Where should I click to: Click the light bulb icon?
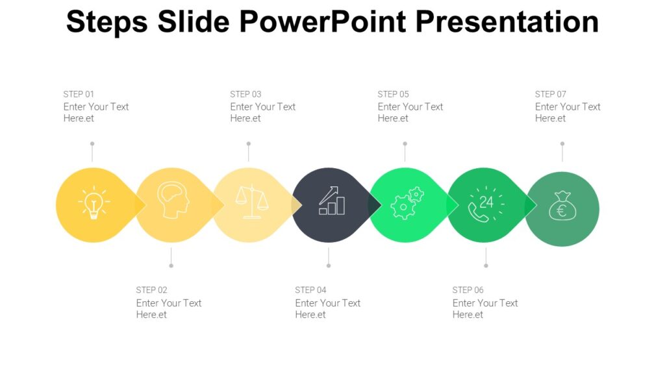94,203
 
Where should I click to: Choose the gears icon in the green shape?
407,203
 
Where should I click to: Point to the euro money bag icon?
561,206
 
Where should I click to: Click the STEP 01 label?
79,94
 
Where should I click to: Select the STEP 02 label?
151,290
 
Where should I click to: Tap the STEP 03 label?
245,94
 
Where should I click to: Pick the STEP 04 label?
310,290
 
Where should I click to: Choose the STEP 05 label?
393,94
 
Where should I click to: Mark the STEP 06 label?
468,290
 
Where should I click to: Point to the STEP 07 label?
550,94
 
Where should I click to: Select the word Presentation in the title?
507,21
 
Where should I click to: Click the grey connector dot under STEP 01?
92,143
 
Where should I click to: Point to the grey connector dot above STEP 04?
329,266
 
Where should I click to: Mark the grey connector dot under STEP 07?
562,143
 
